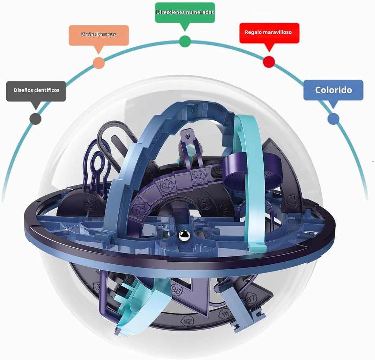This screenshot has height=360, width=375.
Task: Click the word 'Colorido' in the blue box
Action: tap(333, 90)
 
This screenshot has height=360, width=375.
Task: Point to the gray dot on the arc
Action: tap(36, 119)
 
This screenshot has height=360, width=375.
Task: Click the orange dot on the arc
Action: tap(99, 63)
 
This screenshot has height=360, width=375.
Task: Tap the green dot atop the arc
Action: tap(185, 41)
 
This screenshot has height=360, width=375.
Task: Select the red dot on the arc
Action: tap(269, 61)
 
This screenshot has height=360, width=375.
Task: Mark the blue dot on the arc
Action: tap(333, 119)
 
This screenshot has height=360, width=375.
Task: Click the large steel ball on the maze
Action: tap(185, 235)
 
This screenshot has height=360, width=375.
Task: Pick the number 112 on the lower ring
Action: tap(187, 321)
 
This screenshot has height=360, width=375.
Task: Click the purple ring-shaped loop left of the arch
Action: tap(97, 161)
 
